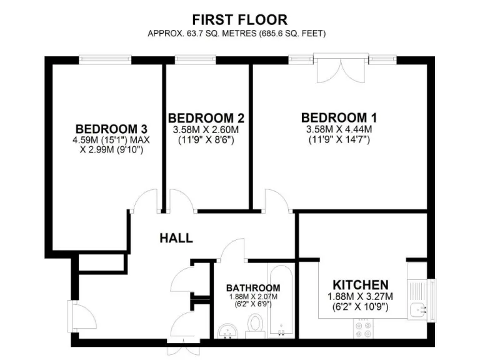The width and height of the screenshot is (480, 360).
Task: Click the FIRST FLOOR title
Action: (240, 20)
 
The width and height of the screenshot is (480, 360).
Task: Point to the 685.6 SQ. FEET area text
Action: (291, 33)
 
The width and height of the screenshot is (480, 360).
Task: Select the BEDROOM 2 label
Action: (206, 118)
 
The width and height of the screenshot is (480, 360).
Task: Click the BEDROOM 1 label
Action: (339, 117)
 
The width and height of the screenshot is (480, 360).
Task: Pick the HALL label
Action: (176, 238)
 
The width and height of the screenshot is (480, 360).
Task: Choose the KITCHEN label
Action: (360, 284)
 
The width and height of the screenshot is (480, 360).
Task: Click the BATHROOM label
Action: (253, 287)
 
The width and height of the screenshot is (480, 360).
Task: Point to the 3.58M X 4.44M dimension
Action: (339, 129)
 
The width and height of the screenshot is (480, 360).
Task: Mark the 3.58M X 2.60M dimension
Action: (206, 130)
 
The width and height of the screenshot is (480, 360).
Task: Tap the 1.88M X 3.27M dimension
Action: (360, 296)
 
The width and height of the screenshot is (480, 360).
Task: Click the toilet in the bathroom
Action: (254, 325)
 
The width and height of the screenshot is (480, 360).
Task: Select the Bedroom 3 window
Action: (105, 60)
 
